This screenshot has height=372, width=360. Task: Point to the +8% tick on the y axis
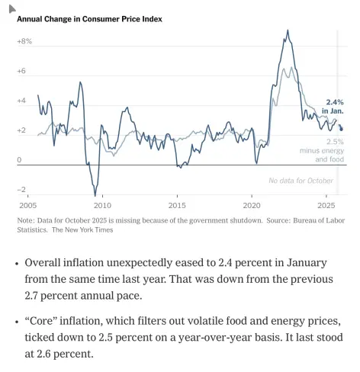[24, 41]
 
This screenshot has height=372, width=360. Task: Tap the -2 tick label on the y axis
[22, 189]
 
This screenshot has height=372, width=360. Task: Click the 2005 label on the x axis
[27, 206]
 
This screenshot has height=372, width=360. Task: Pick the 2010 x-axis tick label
[102, 206]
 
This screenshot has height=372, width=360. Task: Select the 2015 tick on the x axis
[177, 206]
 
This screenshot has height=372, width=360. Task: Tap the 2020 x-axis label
[252, 206]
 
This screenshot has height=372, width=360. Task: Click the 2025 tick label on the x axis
[326, 206]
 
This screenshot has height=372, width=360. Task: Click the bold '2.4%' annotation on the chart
[334, 102]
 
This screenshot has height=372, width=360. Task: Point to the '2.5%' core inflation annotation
[335, 142]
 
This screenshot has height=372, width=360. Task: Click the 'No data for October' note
[301, 180]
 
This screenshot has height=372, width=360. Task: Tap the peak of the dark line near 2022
[288, 31]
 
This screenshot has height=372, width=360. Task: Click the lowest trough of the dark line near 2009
[95, 195]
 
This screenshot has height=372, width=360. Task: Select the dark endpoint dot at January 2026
[341, 129]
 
